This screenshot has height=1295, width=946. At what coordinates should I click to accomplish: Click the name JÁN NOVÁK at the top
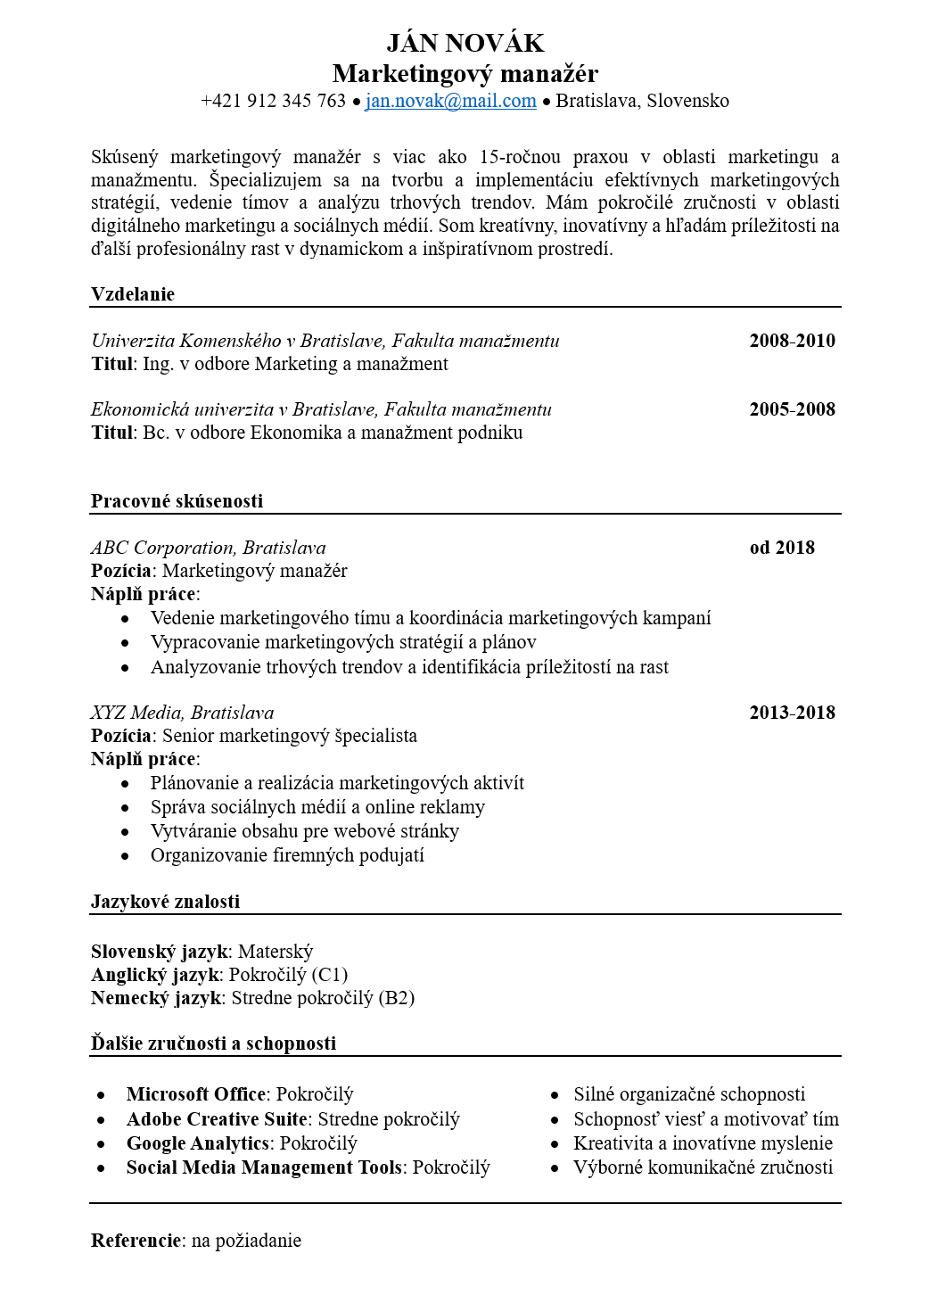(465, 43)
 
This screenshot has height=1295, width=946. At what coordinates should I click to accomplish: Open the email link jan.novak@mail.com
(450, 101)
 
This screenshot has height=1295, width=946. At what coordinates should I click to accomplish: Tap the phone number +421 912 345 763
(273, 101)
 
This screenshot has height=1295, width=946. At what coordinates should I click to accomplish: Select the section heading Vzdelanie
(133, 294)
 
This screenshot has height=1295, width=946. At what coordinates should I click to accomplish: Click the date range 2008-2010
(792, 341)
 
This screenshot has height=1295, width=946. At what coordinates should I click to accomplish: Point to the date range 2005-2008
(792, 409)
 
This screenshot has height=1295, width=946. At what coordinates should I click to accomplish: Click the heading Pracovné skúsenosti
(177, 501)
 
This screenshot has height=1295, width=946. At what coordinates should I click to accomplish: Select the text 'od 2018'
(782, 548)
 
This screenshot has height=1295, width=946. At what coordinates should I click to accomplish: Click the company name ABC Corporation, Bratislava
(209, 548)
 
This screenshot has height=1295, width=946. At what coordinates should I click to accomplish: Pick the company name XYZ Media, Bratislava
(183, 713)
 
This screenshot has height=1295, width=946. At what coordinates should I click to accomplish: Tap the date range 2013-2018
(792, 713)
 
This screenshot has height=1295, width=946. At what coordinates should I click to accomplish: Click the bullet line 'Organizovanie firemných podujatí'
(287, 855)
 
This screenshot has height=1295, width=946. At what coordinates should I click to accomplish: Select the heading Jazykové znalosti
(165, 902)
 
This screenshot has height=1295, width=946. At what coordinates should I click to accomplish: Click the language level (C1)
(329, 975)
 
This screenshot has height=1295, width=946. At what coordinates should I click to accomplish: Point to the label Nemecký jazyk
(156, 998)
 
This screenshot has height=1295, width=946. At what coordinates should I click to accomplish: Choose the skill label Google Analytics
(197, 1143)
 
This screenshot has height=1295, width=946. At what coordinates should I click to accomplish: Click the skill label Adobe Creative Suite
(217, 1119)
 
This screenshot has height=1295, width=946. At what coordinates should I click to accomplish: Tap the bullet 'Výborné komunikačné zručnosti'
(703, 1167)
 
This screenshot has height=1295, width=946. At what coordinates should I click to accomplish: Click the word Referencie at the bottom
(136, 1241)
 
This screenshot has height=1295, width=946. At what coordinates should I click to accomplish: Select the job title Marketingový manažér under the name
(465, 73)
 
